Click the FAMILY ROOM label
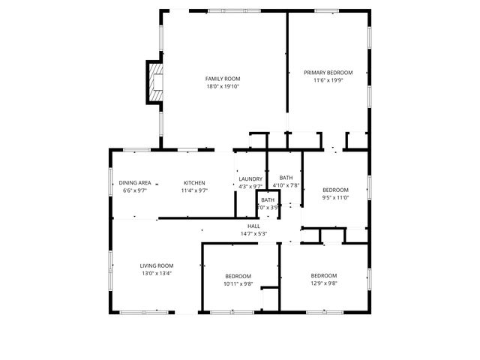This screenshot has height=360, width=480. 223,79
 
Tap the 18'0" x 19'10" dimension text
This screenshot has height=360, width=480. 223,86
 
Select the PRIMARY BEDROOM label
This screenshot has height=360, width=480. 328,73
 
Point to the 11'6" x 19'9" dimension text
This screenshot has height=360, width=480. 328,81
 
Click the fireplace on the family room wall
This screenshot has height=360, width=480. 155,82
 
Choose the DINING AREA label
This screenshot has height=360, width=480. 135,183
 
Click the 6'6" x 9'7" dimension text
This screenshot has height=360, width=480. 135,190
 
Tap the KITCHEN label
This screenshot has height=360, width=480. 194,183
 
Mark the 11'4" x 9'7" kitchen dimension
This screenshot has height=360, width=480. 194,190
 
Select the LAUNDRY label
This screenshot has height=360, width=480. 250,178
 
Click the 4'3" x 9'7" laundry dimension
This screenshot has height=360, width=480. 250,186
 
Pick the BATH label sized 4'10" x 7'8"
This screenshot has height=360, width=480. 285,177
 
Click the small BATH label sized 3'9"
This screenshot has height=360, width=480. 268,200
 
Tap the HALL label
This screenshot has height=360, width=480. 253,226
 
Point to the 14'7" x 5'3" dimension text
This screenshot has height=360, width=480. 253,233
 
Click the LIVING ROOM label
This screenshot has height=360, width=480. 156,265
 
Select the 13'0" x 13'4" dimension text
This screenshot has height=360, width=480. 156,273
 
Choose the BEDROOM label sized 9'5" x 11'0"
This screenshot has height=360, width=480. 335,190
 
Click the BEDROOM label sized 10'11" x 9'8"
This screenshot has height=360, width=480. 238,276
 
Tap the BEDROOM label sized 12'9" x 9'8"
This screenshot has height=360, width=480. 324,275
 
